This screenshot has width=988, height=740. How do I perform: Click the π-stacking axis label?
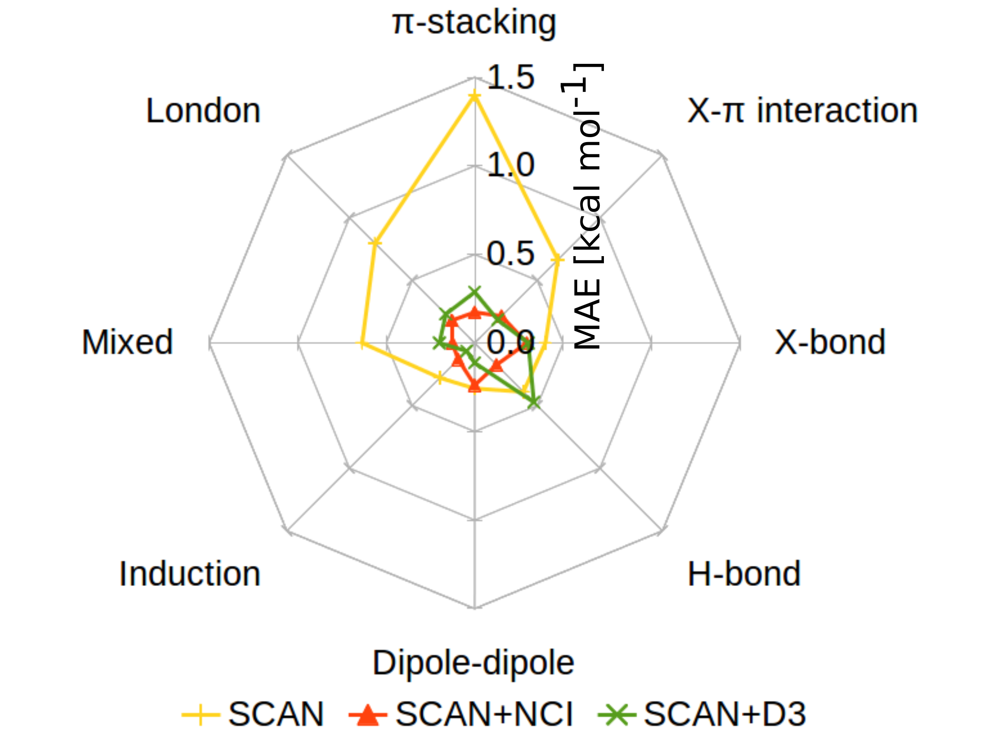tap(474, 22)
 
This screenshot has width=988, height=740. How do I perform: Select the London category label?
tap(203, 111)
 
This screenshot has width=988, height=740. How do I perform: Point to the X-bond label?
tap(830, 342)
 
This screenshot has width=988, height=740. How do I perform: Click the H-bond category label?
tap(744, 574)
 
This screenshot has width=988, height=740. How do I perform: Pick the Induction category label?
tap(190, 574)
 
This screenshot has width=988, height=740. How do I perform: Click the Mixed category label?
tap(127, 342)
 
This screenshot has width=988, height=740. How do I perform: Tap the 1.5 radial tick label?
tap(510, 77)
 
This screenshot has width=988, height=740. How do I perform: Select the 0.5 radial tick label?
tap(510, 254)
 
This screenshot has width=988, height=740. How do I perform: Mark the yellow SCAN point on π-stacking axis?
tap(474, 96)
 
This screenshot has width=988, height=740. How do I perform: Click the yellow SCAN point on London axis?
tap(375, 243)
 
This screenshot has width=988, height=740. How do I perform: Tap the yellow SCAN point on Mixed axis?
tap(362, 343)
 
